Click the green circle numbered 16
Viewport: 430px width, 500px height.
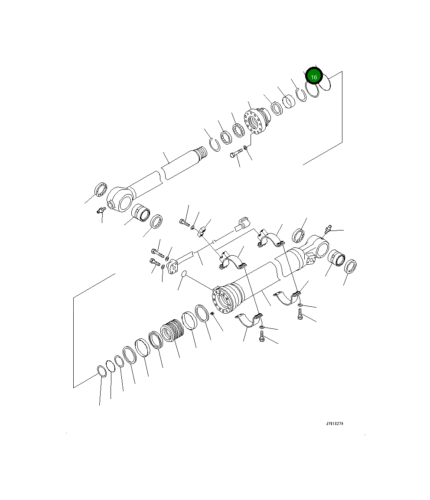(x=313, y=77)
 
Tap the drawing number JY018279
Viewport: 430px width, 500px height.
(x=335, y=424)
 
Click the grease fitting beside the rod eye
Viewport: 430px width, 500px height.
(x=101, y=211)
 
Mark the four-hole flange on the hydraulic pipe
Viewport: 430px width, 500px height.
(x=173, y=266)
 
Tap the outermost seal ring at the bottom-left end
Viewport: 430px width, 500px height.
(x=101, y=371)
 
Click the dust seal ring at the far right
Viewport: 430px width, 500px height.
(x=350, y=266)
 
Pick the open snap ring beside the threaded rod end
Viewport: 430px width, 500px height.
(x=213, y=144)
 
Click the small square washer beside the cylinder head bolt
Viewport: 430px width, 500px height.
(x=246, y=148)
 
